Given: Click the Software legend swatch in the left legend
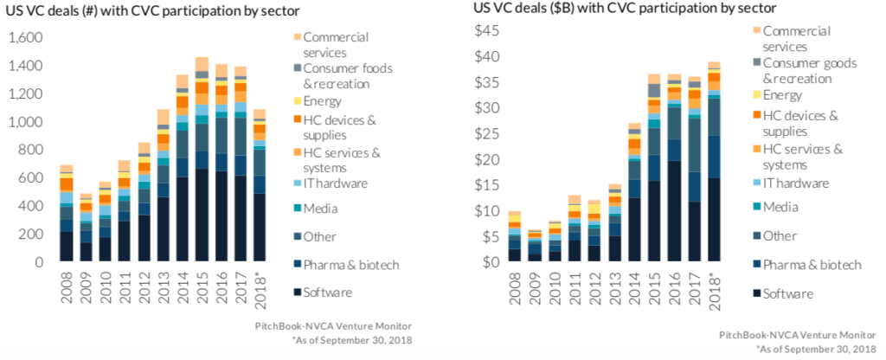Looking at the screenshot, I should point(298,292).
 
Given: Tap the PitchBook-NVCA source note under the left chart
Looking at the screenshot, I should point(340,325).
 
